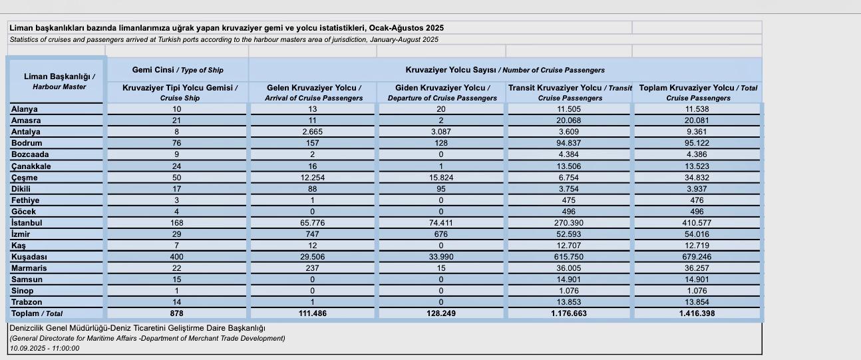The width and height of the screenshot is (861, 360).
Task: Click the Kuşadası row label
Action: point(29,257)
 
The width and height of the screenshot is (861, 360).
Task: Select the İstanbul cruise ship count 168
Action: point(176,223)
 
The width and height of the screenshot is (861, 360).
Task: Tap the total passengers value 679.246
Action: point(697,257)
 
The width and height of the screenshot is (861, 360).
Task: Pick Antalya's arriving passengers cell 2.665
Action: point(313,132)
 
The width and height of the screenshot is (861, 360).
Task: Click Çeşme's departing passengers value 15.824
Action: point(440,178)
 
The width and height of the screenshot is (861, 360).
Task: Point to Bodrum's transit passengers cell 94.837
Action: point(570,143)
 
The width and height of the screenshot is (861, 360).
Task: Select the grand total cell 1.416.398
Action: point(697,313)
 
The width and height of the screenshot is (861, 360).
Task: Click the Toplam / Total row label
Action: point(37,313)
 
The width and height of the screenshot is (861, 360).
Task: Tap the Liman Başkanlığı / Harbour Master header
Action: point(57,81)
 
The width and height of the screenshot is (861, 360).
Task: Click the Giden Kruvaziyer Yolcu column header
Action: point(442,92)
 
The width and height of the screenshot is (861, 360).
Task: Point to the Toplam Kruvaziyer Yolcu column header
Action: point(698,92)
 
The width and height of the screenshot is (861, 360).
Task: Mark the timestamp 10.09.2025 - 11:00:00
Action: point(44,348)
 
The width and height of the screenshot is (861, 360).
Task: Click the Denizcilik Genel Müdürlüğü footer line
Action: point(137,328)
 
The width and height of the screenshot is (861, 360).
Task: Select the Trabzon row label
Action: point(27,302)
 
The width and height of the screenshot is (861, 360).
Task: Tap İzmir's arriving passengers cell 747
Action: point(313,234)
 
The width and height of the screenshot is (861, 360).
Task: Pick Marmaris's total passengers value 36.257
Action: point(697,268)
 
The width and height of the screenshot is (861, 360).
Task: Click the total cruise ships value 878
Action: point(176,313)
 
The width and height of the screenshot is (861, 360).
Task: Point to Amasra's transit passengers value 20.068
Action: point(570,120)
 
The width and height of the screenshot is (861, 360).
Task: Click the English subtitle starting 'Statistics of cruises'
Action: point(224,39)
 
